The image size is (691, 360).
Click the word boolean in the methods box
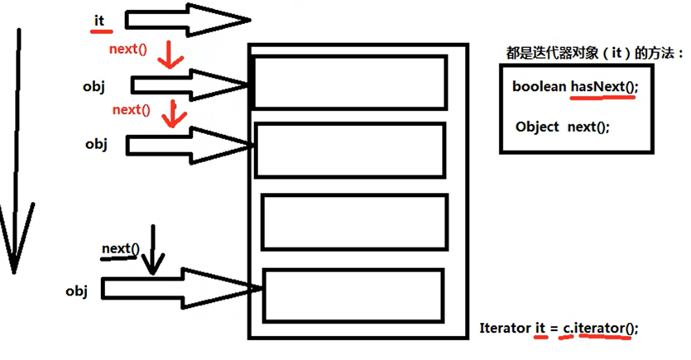pos(538,86)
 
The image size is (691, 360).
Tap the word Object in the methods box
pos(537,127)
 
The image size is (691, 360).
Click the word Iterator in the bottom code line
pos(504,328)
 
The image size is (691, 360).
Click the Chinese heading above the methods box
pos(593,53)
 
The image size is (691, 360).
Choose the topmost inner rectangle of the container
pos(349,82)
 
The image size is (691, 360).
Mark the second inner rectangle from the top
pos(349,150)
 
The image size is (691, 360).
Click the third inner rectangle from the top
pos(354,221)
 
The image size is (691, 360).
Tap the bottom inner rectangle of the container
pos(353,296)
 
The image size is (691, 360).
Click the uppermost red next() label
pos(127,49)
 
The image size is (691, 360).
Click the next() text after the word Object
pos(588,127)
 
